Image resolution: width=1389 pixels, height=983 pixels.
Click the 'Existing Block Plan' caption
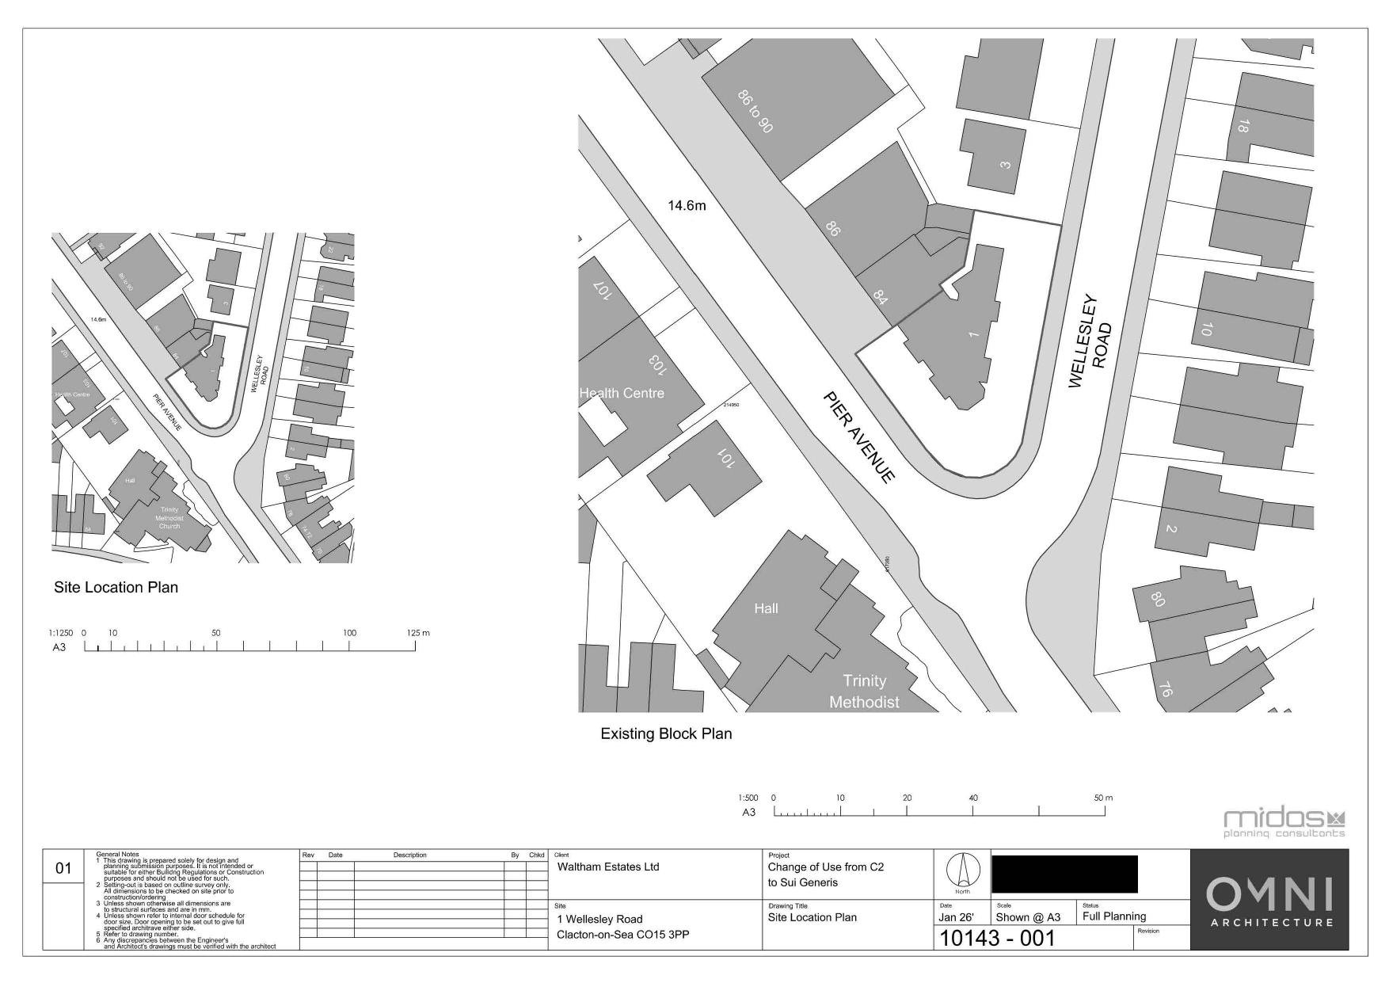point(666,733)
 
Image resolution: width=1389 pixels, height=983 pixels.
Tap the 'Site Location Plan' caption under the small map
point(116,587)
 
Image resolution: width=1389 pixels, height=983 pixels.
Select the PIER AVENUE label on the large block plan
point(859,436)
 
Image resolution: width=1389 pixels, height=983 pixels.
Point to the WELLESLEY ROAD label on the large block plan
point(1090,343)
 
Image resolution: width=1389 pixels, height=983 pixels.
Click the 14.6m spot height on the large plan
point(687,206)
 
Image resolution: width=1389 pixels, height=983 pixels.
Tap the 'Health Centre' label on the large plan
point(622,393)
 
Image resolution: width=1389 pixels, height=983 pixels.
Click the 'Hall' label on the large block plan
point(766,608)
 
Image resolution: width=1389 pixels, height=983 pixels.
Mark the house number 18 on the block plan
point(1243,126)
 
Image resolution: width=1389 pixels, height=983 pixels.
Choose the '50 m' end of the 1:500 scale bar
point(1103,798)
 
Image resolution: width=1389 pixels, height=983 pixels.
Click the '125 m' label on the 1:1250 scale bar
point(417,633)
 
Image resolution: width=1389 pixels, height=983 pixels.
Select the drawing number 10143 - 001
point(997,939)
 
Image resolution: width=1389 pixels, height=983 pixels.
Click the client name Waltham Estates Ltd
point(608,867)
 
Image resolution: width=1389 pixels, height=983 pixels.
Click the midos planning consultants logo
point(1284,823)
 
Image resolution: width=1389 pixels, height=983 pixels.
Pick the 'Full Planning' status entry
point(1113,916)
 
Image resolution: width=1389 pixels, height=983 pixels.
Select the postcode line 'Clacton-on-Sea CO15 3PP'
point(623,935)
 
